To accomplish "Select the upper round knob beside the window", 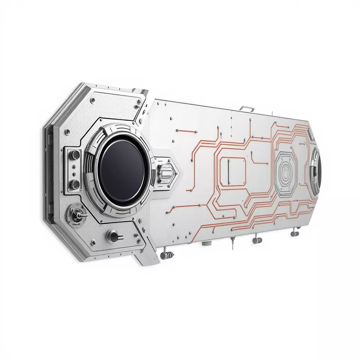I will (75, 154).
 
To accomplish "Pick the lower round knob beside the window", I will (75, 183).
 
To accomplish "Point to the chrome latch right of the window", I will (165, 173).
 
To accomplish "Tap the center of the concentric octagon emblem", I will (287, 173).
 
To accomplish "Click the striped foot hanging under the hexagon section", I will (168, 255).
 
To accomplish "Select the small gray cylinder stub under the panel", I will (205, 243).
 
